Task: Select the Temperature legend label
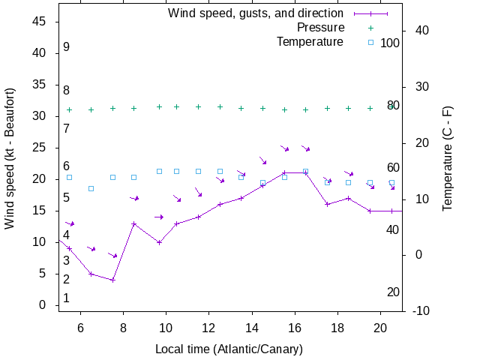[310, 41]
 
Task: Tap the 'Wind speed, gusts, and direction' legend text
[256, 13]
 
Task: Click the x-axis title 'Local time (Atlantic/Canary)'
[229, 349]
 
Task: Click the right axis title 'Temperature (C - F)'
[448, 158]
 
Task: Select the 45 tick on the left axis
[40, 22]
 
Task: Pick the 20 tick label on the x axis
[380, 327]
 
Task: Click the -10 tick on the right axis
[421, 310]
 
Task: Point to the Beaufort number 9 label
[66, 47]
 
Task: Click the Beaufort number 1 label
[66, 298]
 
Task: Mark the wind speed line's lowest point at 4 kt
[112, 280]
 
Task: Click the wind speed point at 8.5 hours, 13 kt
[133, 223]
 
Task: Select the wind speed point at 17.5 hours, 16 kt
[327, 204]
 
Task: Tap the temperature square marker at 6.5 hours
[91, 188]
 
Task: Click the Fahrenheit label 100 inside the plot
[390, 43]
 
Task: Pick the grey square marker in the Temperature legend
[370, 41]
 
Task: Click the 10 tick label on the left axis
[40, 242]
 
